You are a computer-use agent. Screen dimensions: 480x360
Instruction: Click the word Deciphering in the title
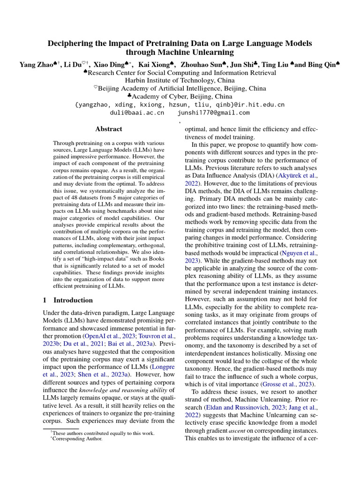tap(73, 44)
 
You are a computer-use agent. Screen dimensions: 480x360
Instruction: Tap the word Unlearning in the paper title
tap(208, 53)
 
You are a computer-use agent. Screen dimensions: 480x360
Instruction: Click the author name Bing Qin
tap(322, 65)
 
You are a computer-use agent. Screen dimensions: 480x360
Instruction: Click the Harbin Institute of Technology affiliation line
tap(180, 80)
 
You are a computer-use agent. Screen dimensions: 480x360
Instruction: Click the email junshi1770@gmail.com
tap(214, 112)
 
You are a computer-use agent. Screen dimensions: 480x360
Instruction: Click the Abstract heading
tap(108, 129)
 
